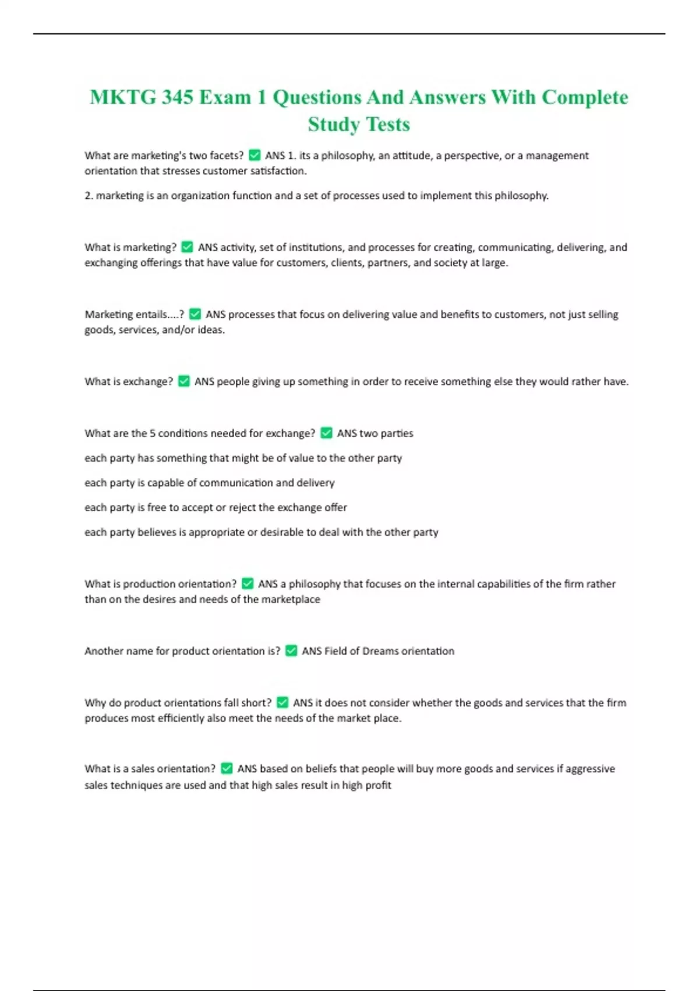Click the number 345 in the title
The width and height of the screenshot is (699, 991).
coord(177,97)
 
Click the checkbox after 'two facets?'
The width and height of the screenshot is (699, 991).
coord(255,155)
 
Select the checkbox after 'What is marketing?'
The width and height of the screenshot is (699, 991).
coord(187,247)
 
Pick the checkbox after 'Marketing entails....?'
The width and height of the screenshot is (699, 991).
coord(195,314)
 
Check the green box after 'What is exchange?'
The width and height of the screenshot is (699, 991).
coord(183,381)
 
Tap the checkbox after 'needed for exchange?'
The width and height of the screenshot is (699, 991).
coord(326,433)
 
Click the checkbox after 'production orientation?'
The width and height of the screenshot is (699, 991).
coord(248,584)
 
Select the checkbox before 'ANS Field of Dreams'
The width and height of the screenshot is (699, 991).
coord(291,651)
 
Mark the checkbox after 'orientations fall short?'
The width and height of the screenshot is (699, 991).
coord(283,702)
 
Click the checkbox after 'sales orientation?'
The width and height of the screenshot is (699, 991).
coord(227,768)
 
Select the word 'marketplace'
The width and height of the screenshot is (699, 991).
coord(290,599)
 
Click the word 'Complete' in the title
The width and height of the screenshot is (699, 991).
coord(585,97)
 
